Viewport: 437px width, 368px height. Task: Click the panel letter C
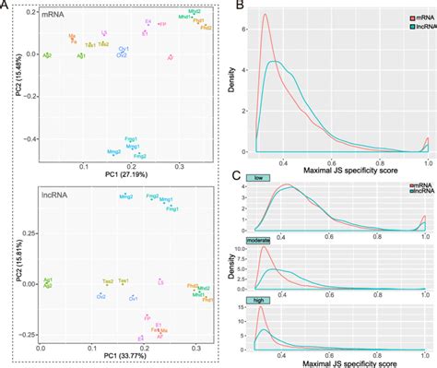pos(238,175)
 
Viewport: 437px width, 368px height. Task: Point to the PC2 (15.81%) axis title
pos(9,267)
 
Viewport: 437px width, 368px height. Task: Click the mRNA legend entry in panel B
pos(405,18)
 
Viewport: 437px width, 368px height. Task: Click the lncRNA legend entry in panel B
pos(407,28)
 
